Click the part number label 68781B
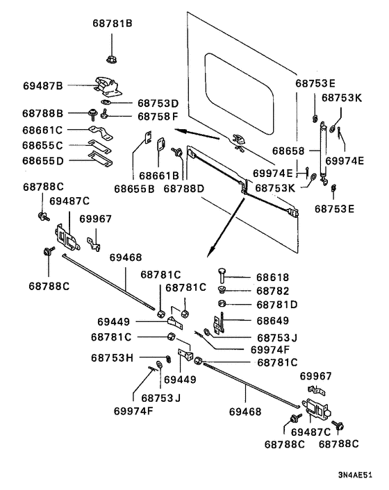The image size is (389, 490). point(113,24)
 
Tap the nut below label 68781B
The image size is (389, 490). point(111,59)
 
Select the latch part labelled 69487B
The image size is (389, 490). point(108,86)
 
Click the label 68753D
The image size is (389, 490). point(158,103)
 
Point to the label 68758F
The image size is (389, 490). point(158,117)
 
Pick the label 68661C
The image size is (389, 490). point(42,130)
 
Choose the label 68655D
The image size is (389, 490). point(43,161)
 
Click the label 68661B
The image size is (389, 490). point(159,176)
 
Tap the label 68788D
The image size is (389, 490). point(184,189)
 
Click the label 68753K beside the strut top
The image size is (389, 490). point(342,98)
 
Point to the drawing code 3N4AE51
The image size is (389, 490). point(355,475)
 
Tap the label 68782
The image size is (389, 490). point(273,291)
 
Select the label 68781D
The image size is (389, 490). point(276,305)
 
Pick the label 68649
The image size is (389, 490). point(273,321)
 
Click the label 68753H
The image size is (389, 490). point(113,358)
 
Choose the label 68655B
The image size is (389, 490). point(134,189)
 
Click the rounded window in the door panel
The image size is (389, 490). point(239,94)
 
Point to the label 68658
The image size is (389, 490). point(288,151)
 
